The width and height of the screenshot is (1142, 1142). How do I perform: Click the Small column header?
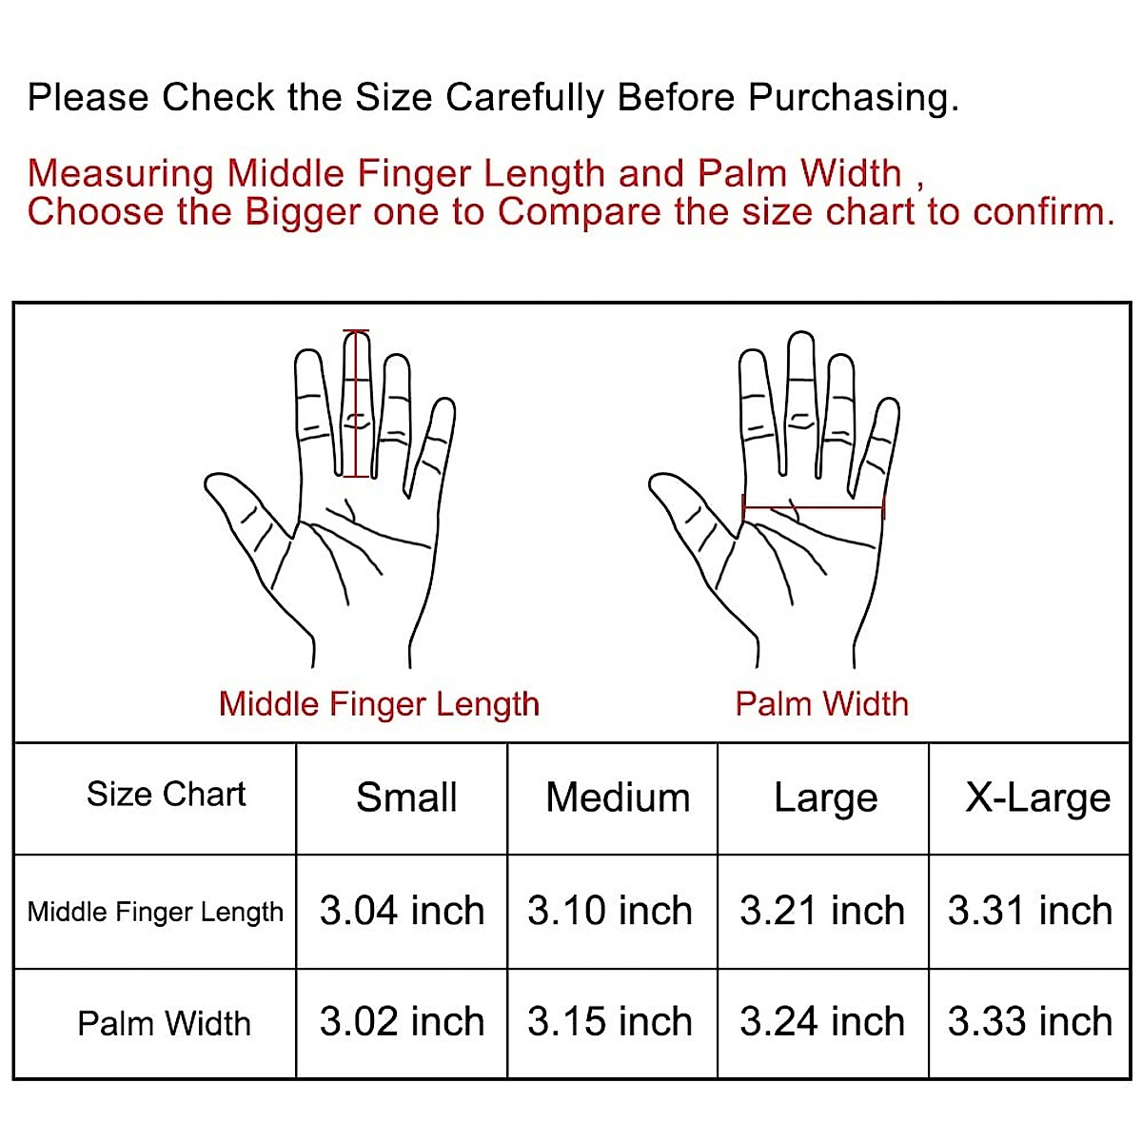[406, 797]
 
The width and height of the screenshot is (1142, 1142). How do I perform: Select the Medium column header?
[618, 797]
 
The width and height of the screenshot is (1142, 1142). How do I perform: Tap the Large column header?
[825, 797]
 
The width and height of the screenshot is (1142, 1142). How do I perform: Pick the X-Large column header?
[1037, 797]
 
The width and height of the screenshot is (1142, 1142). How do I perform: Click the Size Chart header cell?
[166, 794]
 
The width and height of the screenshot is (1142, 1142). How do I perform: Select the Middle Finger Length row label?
[155, 912]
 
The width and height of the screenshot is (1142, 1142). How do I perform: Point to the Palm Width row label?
[164, 1024]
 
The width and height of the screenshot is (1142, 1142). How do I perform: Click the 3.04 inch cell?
[402, 911]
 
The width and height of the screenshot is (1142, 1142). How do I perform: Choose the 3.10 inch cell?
[610, 911]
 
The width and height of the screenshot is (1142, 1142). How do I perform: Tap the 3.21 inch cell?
[822, 911]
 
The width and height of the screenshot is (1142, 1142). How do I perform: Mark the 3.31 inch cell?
[1030, 911]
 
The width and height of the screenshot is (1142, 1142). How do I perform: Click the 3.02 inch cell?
[402, 1022]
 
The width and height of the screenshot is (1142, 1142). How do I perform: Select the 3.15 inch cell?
[610, 1022]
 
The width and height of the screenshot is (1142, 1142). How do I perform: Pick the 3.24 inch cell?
[822, 1022]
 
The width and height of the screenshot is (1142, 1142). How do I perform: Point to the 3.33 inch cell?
[1030, 1022]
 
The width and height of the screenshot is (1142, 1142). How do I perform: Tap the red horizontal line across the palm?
[814, 508]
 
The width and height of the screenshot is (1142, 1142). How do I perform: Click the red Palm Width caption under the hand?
[821, 704]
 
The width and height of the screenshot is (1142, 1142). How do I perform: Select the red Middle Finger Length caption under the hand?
[379, 704]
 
